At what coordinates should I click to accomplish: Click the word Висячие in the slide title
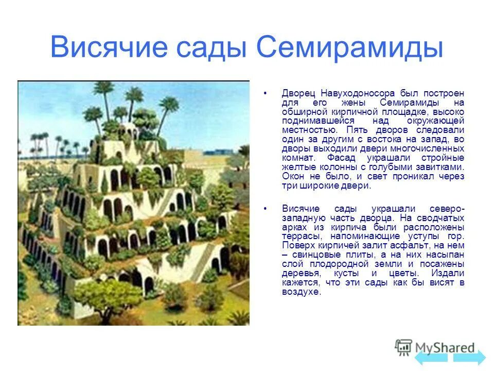pos(109,48)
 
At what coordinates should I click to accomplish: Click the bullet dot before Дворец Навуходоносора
pos(266,94)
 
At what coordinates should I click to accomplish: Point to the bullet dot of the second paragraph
pos(266,209)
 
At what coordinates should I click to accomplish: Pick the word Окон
pos(293,177)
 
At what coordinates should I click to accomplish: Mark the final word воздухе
pos(301,292)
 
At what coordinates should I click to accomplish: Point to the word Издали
pos(449,274)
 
